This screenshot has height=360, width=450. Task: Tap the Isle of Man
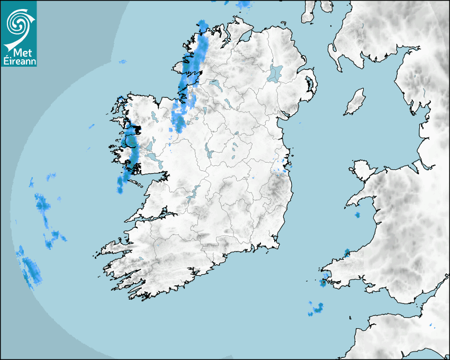tap(355, 102)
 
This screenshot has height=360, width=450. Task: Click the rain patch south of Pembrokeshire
tap(317, 309)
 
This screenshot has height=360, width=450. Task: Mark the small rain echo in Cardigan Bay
tap(357, 215)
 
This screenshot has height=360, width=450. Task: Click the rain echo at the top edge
tap(245, 4)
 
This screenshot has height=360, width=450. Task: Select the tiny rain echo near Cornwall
tap(430, 325)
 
